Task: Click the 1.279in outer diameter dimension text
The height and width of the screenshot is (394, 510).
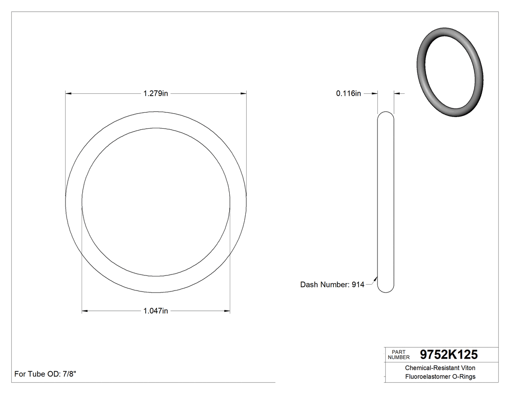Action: pos(155,93)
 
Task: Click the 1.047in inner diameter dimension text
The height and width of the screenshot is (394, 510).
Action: pos(155,311)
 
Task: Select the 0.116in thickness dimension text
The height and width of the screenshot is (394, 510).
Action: pos(348,93)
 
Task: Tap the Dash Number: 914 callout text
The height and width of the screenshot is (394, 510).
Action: pos(332,285)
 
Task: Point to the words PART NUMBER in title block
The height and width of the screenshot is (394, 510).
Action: pos(399,354)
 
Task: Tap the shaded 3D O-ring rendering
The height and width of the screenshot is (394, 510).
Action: pos(450,73)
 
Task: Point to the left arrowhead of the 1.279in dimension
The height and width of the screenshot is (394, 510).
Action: pos(68,93)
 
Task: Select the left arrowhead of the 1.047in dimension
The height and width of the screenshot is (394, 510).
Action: pos(85,311)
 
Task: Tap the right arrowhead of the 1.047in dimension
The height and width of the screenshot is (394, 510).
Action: pos(227,311)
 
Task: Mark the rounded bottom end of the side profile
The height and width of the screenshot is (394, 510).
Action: pos(386,291)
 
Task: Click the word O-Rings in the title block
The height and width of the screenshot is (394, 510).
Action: pos(464,377)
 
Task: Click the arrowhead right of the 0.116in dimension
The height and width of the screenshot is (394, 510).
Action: pos(397,93)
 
